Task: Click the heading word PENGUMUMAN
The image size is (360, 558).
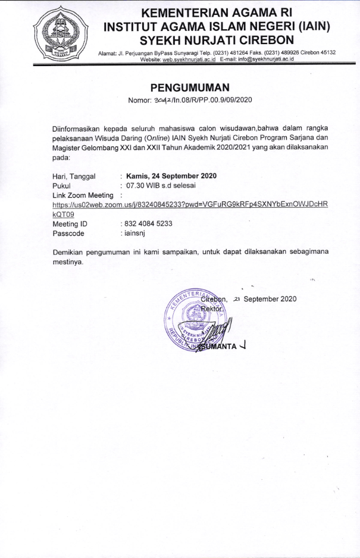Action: [x=190, y=88]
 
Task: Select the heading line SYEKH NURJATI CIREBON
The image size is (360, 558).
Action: [x=217, y=40]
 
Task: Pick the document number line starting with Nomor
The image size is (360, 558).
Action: [x=190, y=100]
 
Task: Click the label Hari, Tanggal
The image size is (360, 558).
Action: [x=74, y=176]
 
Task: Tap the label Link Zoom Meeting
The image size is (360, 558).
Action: [x=83, y=195]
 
